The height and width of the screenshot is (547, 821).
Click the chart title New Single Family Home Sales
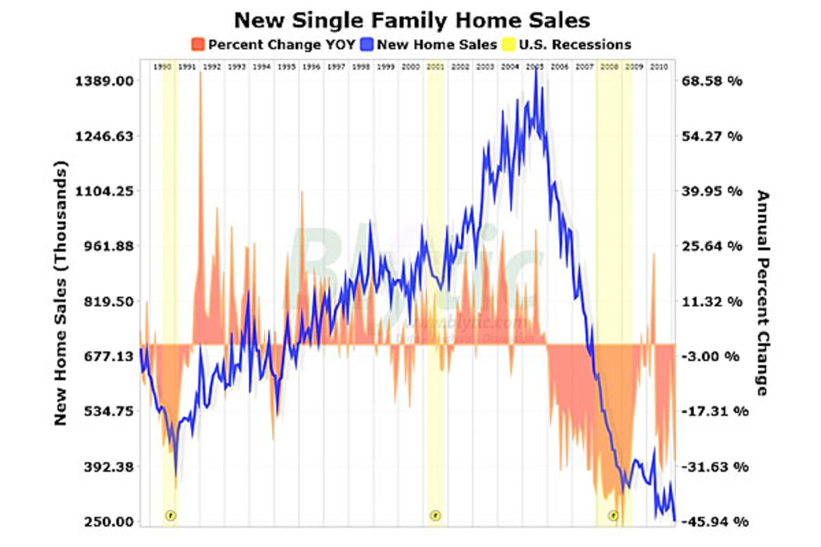pyautogui.click(x=411, y=19)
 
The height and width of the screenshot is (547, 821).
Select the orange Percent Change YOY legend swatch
pyautogui.click(x=198, y=45)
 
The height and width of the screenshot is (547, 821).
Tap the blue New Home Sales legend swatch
pyautogui.click(x=367, y=45)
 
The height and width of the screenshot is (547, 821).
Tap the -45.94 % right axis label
pyautogui.click(x=712, y=522)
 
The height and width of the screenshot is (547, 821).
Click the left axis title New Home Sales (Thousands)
pyautogui.click(x=62, y=294)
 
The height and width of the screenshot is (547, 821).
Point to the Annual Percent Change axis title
pyautogui.click(x=762, y=294)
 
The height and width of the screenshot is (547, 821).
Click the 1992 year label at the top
pyautogui.click(x=211, y=67)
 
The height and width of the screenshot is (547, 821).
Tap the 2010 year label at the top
pyautogui.click(x=658, y=67)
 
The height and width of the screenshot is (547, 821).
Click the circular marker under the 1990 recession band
pyautogui.click(x=171, y=515)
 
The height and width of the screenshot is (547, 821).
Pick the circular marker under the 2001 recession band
pyautogui.click(x=434, y=515)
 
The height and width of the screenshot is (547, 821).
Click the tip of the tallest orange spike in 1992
pyautogui.click(x=201, y=72)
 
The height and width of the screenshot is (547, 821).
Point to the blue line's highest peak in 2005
pyautogui.click(x=536, y=70)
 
